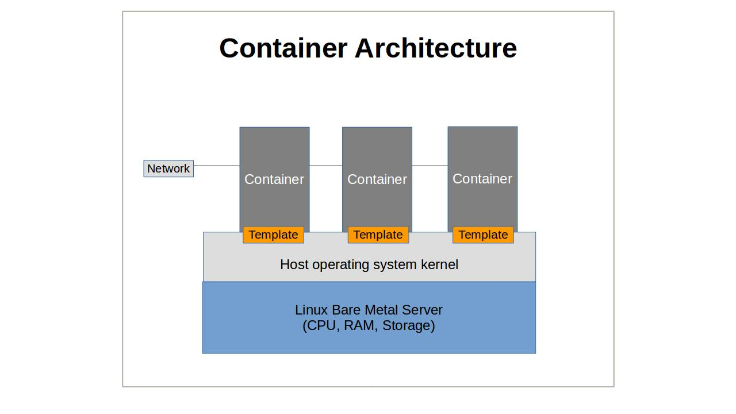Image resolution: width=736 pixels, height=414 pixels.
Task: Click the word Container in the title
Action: click(283, 48)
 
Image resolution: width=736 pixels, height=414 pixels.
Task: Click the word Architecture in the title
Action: click(436, 48)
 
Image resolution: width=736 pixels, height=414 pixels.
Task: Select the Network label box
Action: click(168, 168)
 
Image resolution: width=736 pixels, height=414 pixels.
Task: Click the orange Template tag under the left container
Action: click(273, 235)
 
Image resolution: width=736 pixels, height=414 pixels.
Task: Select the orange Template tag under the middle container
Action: click(378, 235)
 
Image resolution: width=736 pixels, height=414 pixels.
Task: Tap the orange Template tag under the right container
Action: click(483, 235)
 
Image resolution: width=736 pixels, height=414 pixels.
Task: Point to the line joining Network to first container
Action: click(216, 166)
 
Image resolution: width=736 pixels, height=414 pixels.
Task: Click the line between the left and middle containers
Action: click(325, 166)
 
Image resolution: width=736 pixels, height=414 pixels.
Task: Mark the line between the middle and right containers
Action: click(430, 166)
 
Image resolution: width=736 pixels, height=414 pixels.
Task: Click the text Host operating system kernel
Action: click(369, 264)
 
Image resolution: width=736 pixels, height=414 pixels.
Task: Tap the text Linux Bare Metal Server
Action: click(369, 310)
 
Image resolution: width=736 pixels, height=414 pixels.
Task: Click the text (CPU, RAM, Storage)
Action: click(369, 326)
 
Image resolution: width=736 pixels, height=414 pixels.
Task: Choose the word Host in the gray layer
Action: click(294, 264)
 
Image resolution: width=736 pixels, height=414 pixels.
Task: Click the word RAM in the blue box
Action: click(359, 326)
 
